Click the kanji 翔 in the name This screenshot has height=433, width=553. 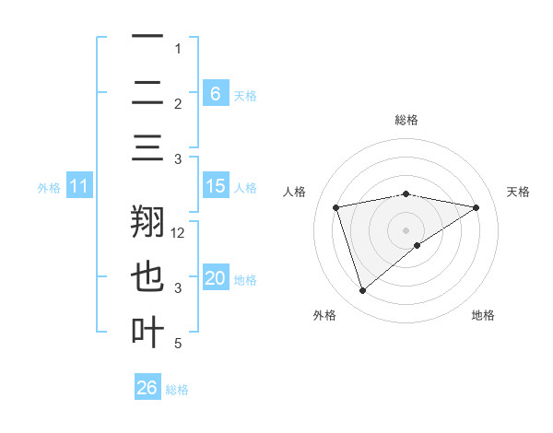pos(148,224)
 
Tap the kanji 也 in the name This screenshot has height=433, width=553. pos(148,278)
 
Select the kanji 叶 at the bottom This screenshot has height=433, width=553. pos(148,333)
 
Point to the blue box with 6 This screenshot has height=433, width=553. pos(215,93)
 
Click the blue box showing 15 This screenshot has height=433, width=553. pos(215,186)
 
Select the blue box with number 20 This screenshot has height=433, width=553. pos(215,278)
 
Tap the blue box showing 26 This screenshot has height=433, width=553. pos(147,388)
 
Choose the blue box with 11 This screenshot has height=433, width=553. pos(79,186)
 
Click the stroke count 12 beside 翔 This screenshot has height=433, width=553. pos(178,232)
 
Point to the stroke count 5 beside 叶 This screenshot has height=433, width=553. pos(178,344)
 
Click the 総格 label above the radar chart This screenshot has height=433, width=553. pos(406,120)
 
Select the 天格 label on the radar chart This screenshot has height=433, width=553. pos(518,192)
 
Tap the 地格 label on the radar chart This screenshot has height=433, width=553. pos(483,315)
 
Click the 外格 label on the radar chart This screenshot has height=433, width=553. pos(324,315)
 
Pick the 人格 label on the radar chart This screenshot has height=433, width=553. pos(295,192)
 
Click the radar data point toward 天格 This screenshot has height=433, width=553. pos(477,207)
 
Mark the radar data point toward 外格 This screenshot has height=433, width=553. pos(362,291)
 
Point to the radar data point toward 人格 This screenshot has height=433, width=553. pos(336,207)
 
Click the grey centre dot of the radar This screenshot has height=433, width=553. pos(406,229)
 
